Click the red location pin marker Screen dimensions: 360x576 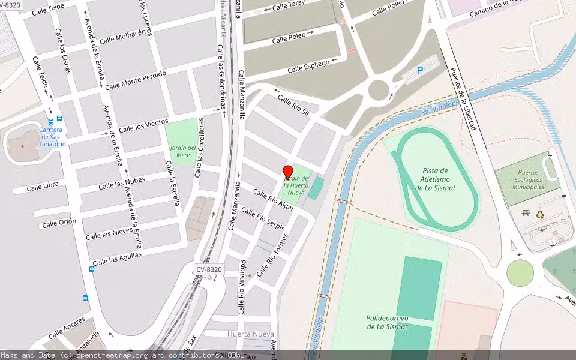(288, 172)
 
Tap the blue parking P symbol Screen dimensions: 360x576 (420, 70)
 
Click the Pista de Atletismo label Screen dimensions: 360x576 (435, 179)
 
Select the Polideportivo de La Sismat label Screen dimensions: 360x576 (387, 322)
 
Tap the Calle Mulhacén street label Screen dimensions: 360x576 (123, 37)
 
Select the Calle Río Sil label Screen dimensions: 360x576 (293, 106)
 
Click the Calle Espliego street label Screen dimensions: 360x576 (308, 66)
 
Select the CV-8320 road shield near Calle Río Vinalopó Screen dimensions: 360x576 (209, 269)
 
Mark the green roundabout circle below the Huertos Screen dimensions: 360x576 (520, 274)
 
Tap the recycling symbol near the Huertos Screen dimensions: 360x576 (540, 214)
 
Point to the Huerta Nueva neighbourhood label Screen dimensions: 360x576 (251, 334)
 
